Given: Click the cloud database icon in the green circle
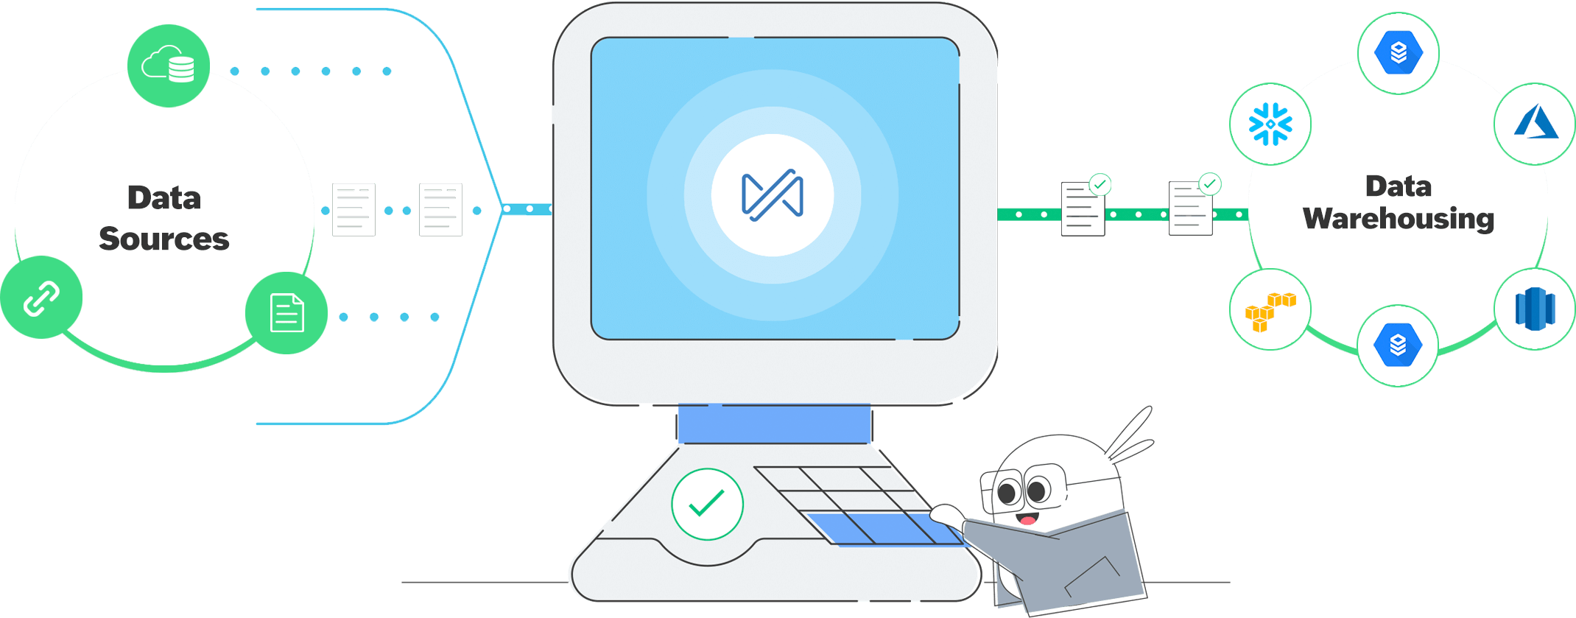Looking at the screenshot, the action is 169,66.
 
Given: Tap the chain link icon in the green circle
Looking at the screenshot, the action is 41,298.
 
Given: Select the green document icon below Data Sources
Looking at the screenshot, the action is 286,313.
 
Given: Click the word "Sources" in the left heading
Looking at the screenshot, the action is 164,239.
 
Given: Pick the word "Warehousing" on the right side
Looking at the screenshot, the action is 1399,219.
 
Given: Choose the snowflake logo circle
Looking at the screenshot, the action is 1270,124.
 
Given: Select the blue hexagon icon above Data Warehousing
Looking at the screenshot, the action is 1399,53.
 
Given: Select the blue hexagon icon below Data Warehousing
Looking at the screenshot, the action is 1398,345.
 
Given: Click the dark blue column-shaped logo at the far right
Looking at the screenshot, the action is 1535,309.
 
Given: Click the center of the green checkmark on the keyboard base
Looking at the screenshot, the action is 707,504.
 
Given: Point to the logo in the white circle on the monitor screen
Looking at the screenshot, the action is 773,195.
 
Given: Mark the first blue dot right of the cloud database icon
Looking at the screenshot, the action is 235,71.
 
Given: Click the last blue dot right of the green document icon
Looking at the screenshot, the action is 435,317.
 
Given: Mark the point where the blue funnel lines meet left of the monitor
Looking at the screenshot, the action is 503,209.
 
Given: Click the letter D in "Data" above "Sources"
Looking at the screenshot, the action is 139,197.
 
